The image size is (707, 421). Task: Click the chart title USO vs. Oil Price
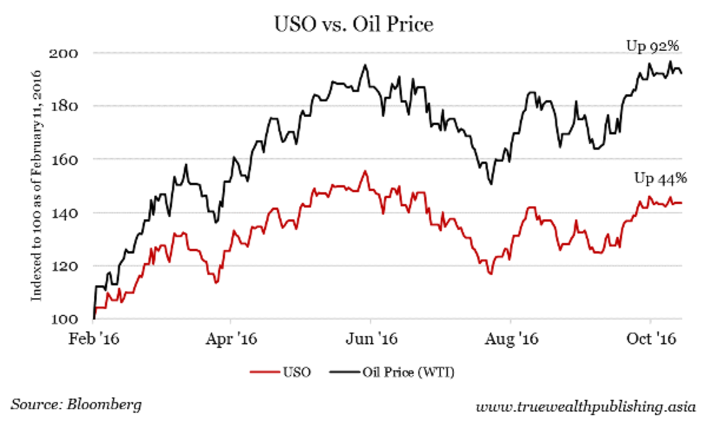point(353,25)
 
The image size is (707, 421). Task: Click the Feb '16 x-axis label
point(94,340)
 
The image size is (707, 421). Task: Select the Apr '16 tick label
point(231,340)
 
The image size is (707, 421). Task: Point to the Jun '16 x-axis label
point(371,340)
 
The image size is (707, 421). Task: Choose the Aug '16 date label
point(510,340)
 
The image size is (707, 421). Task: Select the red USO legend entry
point(280,372)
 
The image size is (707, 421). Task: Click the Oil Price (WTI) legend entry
point(392,372)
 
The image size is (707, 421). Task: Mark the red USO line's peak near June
point(365,171)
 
